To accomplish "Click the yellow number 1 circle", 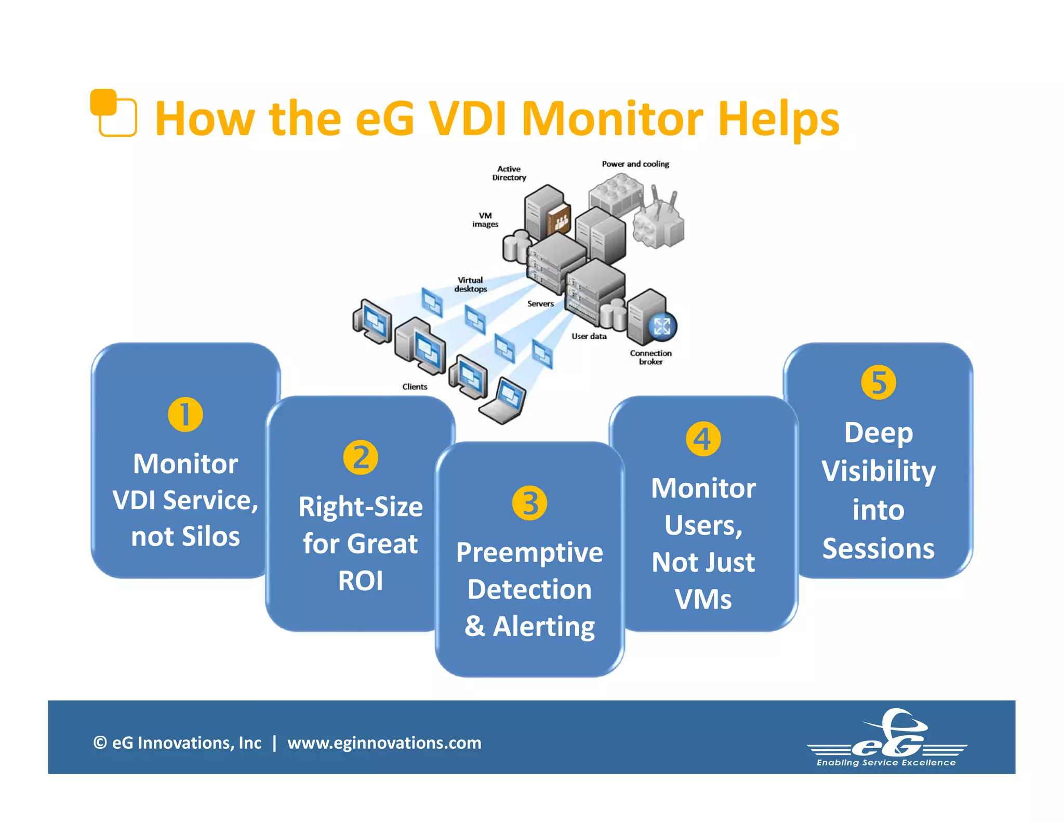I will pyautogui.click(x=185, y=414).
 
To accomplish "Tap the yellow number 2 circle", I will pyautogui.click(x=361, y=457).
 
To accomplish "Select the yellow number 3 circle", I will pyautogui.click(x=529, y=503).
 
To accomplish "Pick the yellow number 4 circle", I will pyautogui.click(x=703, y=439).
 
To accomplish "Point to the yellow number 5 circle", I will pyautogui.click(x=878, y=382).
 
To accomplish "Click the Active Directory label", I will pyautogui.click(x=509, y=173).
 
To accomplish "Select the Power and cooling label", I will pyautogui.click(x=635, y=164).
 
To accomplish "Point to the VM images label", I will pyautogui.click(x=485, y=220).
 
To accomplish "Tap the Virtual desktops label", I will pyautogui.click(x=471, y=284).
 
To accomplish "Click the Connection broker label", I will pyautogui.click(x=650, y=357).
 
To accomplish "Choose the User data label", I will pyautogui.click(x=589, y=336).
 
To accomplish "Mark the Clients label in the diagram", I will pyautogui.click(x=415, y=387).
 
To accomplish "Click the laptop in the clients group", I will pyautogui.click(x=503, y=400).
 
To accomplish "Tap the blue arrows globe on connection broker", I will pyautogui.click(x=662, y=326).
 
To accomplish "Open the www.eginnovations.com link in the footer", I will pyautogui.click(x=384, y=743).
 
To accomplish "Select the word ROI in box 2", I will pyautogui.click(x=361, y=580).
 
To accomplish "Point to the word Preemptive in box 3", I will pyautogui.click(x=529, y=552).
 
